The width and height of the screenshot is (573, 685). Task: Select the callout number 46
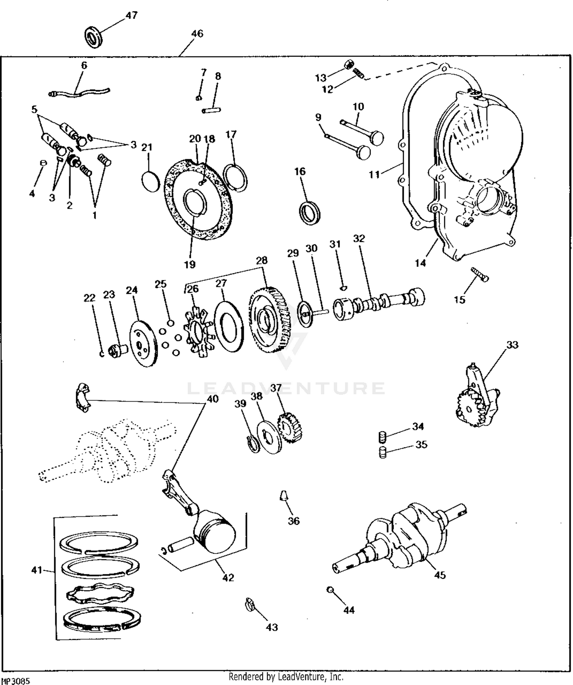pos(197,34)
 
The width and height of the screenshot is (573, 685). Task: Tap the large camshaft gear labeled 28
pos(269,319)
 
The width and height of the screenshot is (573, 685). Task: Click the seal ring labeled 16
pos(309,212)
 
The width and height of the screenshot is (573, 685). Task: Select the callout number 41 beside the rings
pos(36,570)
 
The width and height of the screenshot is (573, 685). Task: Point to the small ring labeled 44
pos(329,589)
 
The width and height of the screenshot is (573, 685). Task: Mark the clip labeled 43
pos(249,605)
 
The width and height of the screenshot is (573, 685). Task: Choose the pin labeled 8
pos(211,111)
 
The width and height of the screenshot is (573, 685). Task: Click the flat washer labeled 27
pos(228,322)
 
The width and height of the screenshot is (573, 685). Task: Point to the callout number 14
pos(420,263)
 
